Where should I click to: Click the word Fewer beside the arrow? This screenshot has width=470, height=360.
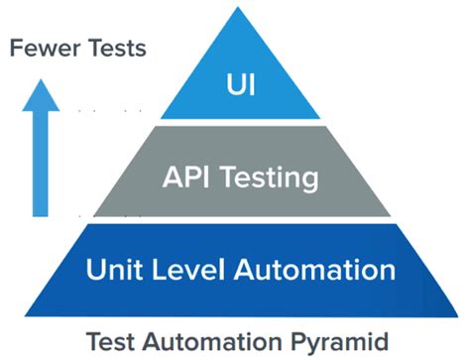click(x=42, y=48)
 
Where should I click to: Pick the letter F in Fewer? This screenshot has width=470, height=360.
click(x=16, y=48)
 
